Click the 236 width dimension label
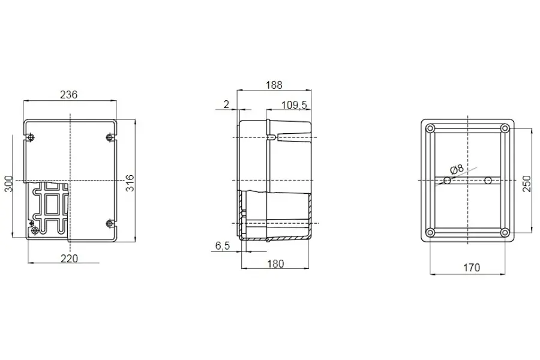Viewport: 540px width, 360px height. [x=69, y=94]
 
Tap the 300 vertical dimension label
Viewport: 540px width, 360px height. [x=8, y=184]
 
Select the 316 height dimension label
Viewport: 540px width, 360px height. [x=130, y=183]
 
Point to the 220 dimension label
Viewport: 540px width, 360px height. [x=69, y=259]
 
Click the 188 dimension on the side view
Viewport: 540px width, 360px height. [x=274, y=85]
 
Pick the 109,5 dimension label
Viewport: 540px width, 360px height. [x=294, y=105]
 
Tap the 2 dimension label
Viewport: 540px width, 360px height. [x=226, y=104]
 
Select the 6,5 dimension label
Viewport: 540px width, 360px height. [x=223, y=246]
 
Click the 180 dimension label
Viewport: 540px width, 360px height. [x=275, y=264]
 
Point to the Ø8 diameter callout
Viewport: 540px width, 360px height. [x=457, y=169]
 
